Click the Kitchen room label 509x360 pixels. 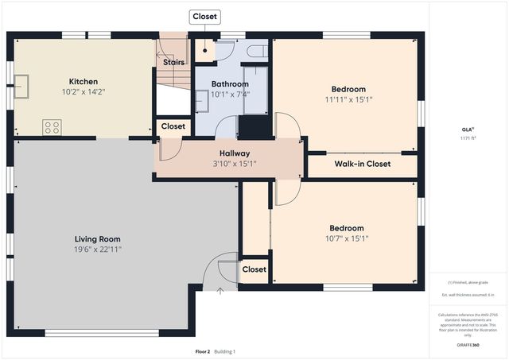tap(83, 81)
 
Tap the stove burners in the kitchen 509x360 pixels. tap(52, 126)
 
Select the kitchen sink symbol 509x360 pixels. tap(21, 85)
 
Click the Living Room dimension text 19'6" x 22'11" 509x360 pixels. tap(98, 250)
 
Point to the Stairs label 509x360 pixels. tap(173, 62)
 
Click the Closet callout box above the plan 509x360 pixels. tap(204, 16)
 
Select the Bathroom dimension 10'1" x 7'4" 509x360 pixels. tap(230, 94)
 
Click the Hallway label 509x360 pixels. tap(235, 153)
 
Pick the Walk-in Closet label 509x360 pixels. tap(362, 165)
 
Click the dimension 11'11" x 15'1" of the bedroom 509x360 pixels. tap(348, 100)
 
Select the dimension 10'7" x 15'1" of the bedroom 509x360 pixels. tap(347, 238)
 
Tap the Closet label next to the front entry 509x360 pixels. tap(254, 269)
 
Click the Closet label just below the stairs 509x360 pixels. tap(173, 126)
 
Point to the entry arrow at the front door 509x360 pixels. tap(220, 291)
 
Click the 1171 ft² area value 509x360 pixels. tap(468, 138)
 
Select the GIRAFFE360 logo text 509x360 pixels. tap(468, 346)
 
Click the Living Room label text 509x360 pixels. tap(98, 239)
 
